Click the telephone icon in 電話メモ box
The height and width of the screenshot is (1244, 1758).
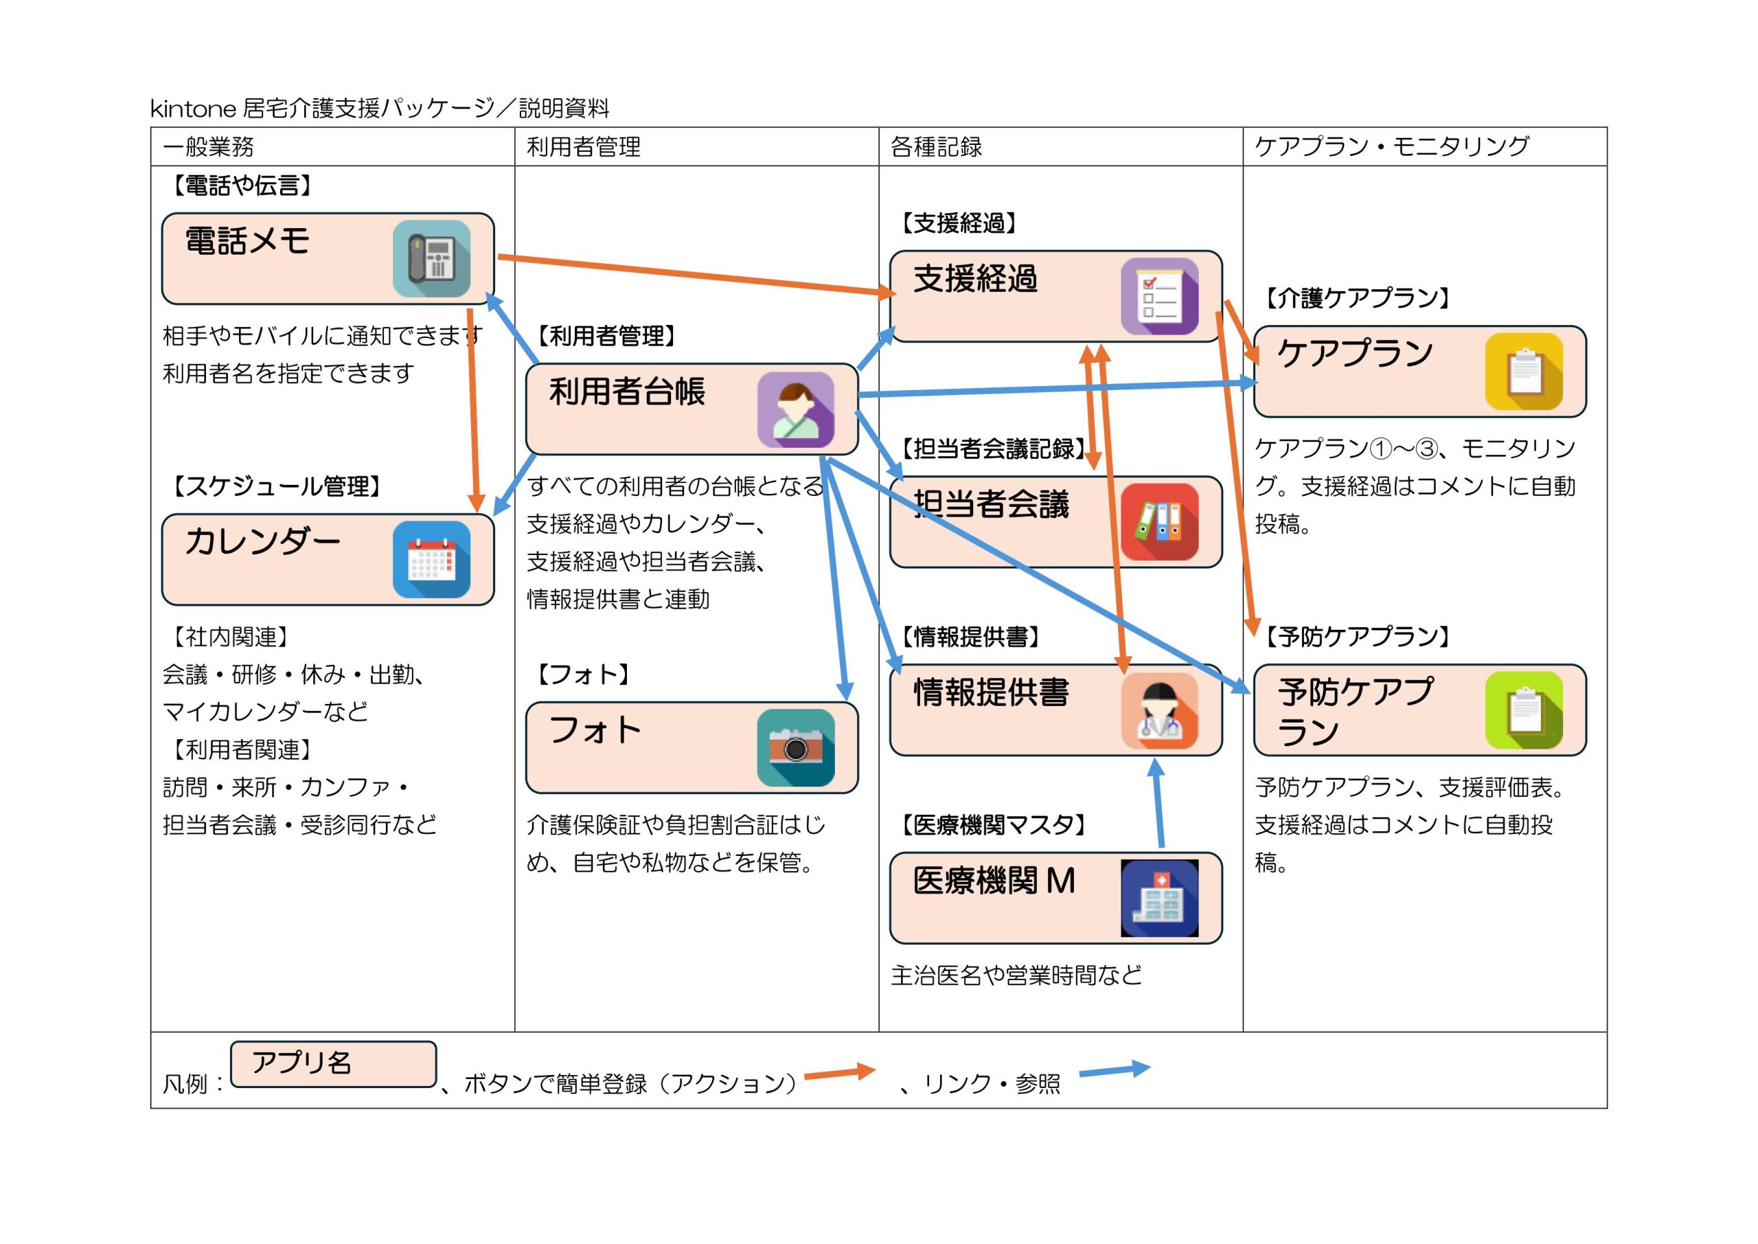pyautogui.click(x=431, y=259)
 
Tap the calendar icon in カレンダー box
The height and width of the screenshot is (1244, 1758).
pyautogui.click(x=431, y=559)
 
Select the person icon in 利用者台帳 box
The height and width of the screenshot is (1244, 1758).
pyautogui.click(x=795, y=410)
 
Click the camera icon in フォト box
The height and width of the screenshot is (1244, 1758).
pyautogui.click(x=795, y=747)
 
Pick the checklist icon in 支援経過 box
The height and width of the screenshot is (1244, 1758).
pyautogui.click(x=1159, y=297)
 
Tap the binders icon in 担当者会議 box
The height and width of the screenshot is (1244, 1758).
pyautogui.click(x=1159, y=521)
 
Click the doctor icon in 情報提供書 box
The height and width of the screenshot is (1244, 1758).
pyautogui.click(x=1159, y=710)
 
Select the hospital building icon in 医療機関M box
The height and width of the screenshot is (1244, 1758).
pyautogui.click(x=1159, y=898)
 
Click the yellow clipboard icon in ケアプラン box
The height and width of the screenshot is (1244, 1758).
pyautogui.click(x=1524, y=372)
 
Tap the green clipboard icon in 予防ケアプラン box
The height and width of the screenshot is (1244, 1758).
pyautogui.click(x=1524, y=710)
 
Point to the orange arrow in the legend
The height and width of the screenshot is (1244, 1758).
pyautogui.click(x=839, y=1072)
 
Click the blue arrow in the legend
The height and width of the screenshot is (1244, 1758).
pyautogui.click(x=1114, y=1070)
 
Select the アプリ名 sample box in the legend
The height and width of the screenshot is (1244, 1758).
pyautogui.click(x=333, y=1064)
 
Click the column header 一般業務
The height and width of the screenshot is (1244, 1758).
pyautogui.click(x=208, y=146)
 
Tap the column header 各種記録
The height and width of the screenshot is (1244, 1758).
pyautogui.click(x=936, y=146)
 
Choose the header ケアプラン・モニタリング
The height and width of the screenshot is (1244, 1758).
pyautogui.click(x=1391, y=146)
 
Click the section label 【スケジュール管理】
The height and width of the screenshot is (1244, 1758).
pyautogui.click(x=275, y=486)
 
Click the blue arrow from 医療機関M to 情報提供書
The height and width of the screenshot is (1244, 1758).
pyautogui.click(x=1159, y=804)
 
